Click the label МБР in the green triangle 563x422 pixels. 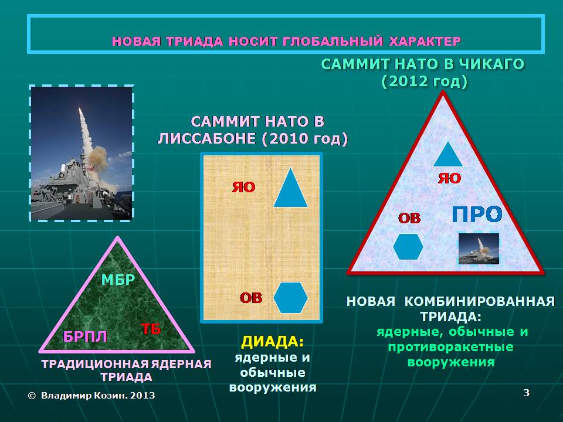tap(118, 280)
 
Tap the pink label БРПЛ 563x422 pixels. tap(85, 336)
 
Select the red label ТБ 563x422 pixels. tap(151, 328)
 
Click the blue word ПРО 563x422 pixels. tap(477, 215)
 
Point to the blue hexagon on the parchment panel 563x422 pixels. tap(290, 298)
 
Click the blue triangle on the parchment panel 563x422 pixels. tap(290, 188)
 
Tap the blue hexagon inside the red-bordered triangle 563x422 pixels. tap(408, 247)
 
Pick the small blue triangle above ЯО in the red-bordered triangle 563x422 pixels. tap(447, 154)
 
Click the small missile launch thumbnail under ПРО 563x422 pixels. tap(479, 249)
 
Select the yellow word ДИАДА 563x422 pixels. tap(273, 341)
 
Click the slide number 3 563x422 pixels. tap(527, 393)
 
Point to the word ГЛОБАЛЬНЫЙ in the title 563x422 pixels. tap(333, 41)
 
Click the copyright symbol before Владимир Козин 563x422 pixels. tap(32, 396)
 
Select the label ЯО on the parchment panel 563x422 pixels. tap(244, 186)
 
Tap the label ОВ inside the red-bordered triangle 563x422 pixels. tap(409, 218)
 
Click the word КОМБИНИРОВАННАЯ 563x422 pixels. tap(480, 301)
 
